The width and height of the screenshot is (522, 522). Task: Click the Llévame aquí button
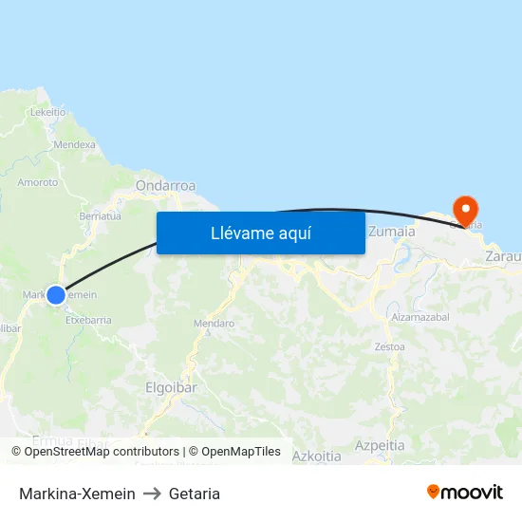(x=260, y=233)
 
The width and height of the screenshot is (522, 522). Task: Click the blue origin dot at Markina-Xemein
(x=56, y=294)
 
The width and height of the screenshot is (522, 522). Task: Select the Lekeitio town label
(x=47, y=111)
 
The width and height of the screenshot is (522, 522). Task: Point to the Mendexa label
(x=75, y=145)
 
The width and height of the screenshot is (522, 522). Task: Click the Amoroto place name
(x=38, y=182)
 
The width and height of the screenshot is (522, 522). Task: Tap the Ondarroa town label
(x=166, y=186)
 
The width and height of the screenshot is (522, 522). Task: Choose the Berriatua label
(x=101, y=216)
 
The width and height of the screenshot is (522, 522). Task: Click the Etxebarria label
(x=88, y=320)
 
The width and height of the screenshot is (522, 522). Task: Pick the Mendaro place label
(x=214, y=324)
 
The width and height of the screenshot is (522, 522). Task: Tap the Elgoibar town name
(x=171, y=387)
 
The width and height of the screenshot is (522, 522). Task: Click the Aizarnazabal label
(x=419, y=315)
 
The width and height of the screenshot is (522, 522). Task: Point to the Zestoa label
(x=389, y=346)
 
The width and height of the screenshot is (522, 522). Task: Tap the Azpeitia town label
(x=380, y=445)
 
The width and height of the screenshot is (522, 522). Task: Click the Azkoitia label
(x=317, y=457)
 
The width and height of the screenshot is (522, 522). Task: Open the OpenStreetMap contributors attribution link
(x=102, y=452)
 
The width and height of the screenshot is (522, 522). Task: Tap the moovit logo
(x=464, y=492)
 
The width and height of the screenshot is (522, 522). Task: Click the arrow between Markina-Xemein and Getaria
(x=152, y=494)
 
